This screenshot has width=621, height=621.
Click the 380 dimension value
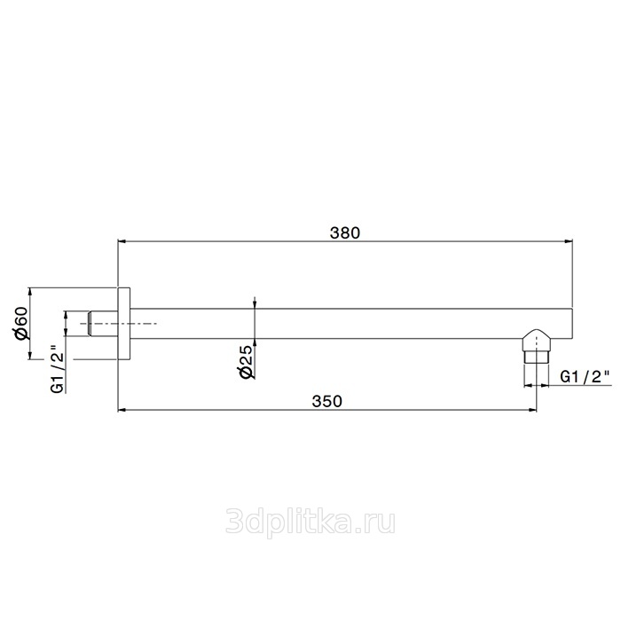point(345,232)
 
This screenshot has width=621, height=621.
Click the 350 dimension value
point(326,401)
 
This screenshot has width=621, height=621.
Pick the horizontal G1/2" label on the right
point(584,377)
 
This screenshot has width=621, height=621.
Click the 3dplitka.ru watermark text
point(310,522)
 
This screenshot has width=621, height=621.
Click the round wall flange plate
point(124,323)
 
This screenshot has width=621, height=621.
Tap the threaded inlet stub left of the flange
point(103,324)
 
